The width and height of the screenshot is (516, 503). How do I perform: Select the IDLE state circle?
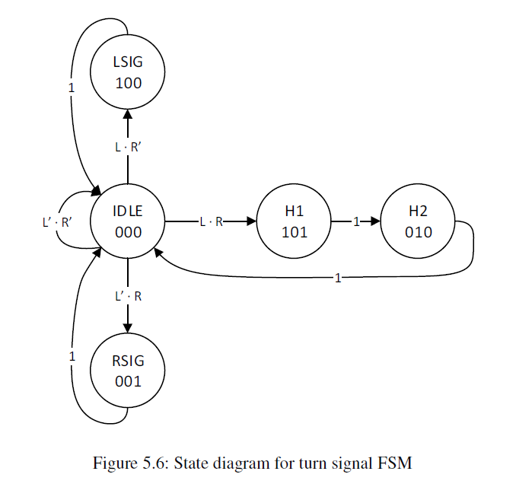pyautogui.click(x=128, y=222)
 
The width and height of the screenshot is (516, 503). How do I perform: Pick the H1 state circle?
pyautogui.click(x=295, y=222)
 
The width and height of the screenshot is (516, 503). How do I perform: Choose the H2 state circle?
pyautogui.click(x=418, y=222)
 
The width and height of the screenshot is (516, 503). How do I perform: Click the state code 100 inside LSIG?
pyautogui.click(x=128, y=83)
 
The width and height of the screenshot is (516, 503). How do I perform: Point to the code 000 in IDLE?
pyautogui.click(x=128, y=232)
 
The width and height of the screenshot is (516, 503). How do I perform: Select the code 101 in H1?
pyautogui.click(x=295, y=232)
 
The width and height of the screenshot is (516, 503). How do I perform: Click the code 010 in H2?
pyautogui.click(x=418, y=232)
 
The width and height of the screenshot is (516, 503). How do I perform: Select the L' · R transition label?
pyautogui.click(x=128, y=297)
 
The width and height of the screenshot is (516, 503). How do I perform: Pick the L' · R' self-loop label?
pyautogui.click(x=57, y=223)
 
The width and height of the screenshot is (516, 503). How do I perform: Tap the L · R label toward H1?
pyautogui.click(x=211, y=222)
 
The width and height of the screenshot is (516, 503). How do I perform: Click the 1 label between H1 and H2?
pyautogui.click(x=355, y=222)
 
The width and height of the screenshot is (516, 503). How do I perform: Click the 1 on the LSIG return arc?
pyautogui.click(x=71, y=88)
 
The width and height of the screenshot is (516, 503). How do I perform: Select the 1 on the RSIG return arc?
pyautogui.click(x=72, y=356)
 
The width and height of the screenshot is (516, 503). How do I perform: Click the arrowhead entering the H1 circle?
pyautogui.click(x=252, y=222)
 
